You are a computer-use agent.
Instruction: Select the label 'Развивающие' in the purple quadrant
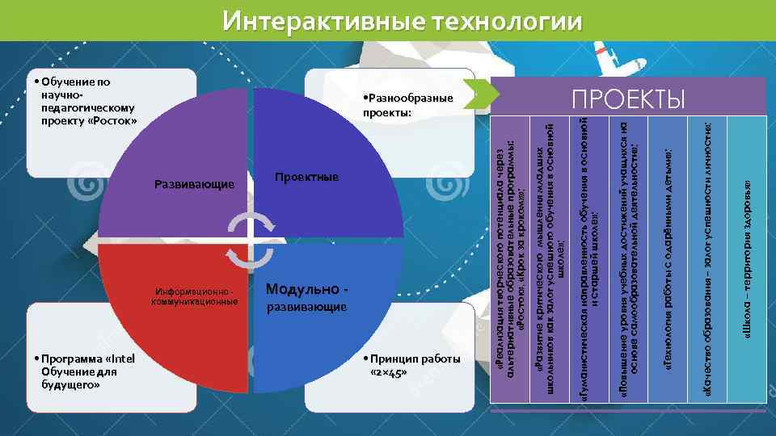(194, 184)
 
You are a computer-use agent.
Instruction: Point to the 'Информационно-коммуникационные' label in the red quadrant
(194, 296)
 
